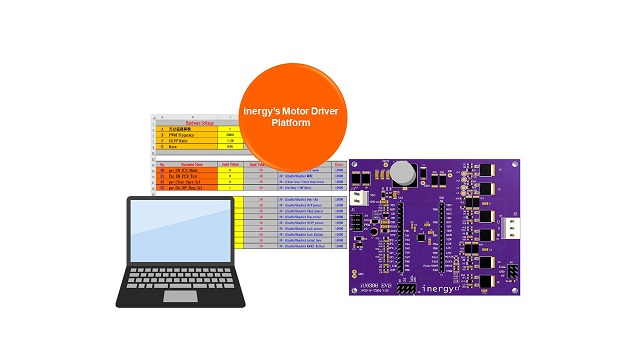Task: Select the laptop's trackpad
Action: (x=181, y=296)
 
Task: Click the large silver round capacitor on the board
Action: (x=404, y=172)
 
